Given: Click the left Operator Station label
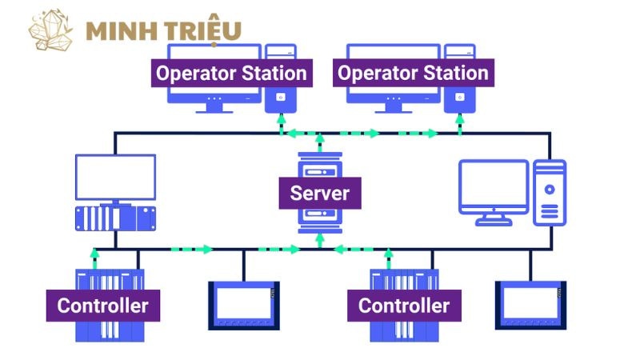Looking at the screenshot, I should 231,74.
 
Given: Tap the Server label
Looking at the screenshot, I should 320,193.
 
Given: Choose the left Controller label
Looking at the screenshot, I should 102,305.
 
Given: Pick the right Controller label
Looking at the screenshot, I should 403,305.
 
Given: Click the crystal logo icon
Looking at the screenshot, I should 50,31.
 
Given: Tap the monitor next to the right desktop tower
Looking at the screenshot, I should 494,189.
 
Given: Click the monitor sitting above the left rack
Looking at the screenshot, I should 115,178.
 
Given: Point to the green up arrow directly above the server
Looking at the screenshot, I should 320,142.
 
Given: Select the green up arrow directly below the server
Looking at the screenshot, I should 320,239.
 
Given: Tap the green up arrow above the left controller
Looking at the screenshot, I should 95,257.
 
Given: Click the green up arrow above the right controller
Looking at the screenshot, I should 389,257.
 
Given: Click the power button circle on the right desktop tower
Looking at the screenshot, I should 550,190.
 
